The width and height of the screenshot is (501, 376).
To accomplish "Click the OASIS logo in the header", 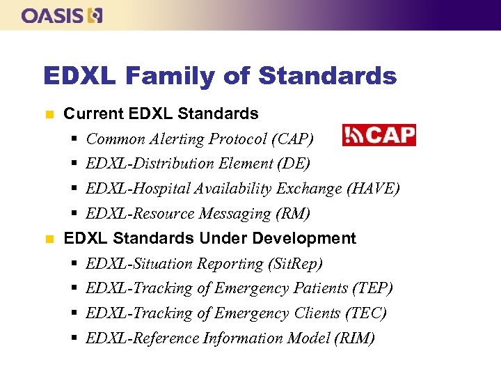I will (x=62, y=15).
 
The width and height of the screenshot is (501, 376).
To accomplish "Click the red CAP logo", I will (x=379, y=135).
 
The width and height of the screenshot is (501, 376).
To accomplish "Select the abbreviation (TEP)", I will (x=372, y=288).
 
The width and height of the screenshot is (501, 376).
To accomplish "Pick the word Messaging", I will (x=232, y=214).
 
